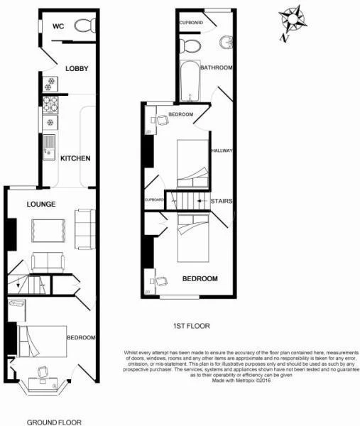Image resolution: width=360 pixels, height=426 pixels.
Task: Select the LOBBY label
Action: point(76,69)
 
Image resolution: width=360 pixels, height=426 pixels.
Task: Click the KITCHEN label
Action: point(75,158)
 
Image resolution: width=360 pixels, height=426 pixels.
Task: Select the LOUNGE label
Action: point(42,204)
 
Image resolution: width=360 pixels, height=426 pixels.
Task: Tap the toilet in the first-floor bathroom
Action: point(191,45)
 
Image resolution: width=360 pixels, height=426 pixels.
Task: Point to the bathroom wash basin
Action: point(227,42)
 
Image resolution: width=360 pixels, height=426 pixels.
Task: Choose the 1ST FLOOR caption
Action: point(191,326)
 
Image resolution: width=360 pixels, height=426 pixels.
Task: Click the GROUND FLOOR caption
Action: point(54,422)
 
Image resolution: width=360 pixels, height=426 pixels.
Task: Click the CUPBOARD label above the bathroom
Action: point(192,23)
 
